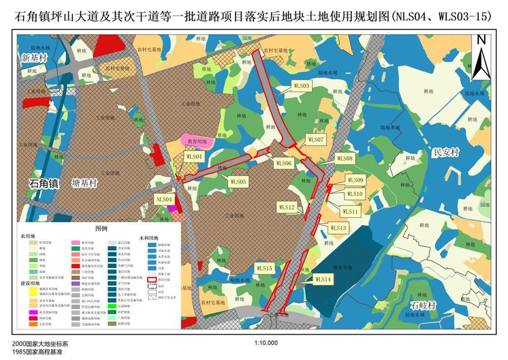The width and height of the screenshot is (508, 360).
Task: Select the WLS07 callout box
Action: pos(315,139)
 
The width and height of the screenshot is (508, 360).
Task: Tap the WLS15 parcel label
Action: pos(265,268)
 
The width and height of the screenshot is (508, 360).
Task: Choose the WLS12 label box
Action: pos(287,206)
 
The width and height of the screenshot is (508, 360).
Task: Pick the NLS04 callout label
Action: pos(164,199)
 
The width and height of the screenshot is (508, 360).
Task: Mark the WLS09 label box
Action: pos(355,180)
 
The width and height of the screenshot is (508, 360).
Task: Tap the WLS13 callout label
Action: pos(338,228)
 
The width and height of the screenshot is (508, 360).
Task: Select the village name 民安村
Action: pos(446,152)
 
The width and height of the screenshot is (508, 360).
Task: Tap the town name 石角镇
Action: pos(44,184)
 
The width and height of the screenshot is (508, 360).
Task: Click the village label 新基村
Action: pos(34,58)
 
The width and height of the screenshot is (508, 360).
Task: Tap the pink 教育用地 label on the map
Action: pos(197,142)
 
